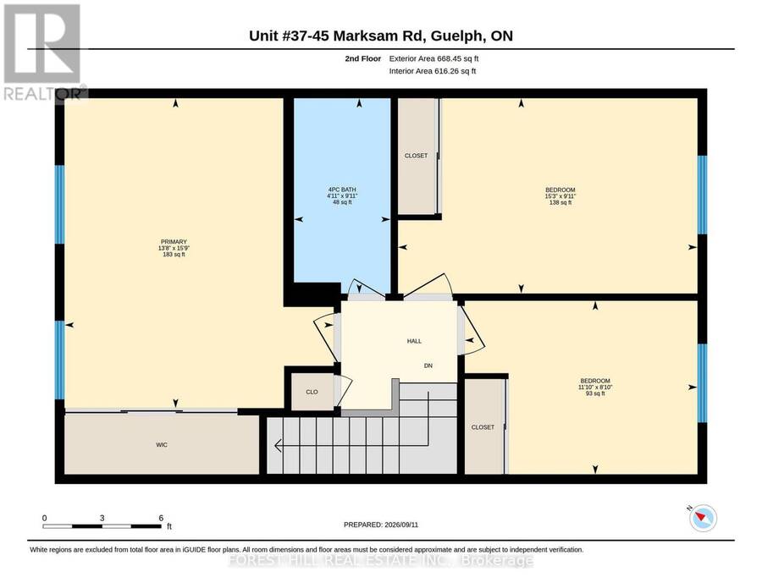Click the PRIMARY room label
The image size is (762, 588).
coord(174,242)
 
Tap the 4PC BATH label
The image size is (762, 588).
coord(342,190)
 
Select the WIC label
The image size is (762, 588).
coord(162,445)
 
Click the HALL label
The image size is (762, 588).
coord(414,341)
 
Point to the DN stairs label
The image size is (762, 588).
coord(428,365)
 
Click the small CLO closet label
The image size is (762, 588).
coord(312,392)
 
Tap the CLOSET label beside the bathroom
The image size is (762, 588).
coord(416,156)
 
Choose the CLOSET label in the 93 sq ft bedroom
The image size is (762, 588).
coord(483,427)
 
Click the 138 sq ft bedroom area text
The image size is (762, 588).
coord(560,202)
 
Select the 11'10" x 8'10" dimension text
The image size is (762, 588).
coord(595,387)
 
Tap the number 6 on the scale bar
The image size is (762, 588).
coord(161,518)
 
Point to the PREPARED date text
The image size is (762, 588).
coord(381,525)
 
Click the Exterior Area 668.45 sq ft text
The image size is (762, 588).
coord(434,58)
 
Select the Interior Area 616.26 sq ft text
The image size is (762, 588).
coord(433,71)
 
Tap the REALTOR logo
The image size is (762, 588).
coord(44,52)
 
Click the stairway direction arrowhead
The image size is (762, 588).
coord(279,445)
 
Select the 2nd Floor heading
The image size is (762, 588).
coord(363,58)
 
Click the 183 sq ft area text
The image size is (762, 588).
coord(174,255)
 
